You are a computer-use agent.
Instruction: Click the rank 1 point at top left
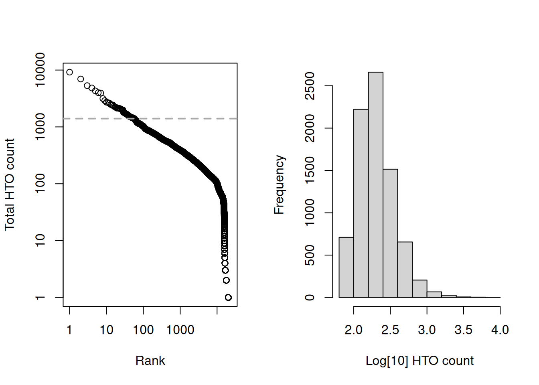[69, 72]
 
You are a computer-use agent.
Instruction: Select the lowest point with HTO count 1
[228, 297]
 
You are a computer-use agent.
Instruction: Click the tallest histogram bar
[375, 184]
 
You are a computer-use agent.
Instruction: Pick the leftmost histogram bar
[346, 267]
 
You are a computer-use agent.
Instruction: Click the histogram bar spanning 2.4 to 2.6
[390, 233]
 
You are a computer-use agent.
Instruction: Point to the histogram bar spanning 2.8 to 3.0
[419, 289]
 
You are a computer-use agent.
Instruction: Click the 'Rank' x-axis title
[150, 361]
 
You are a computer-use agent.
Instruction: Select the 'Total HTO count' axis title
[10, 184]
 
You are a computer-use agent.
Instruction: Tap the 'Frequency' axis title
[279, 184]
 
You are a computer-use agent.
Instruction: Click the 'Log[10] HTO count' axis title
[419, 361]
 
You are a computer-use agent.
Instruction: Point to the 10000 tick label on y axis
[40, 70]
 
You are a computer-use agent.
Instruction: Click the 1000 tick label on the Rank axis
[180, 330]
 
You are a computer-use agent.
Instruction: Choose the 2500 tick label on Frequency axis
[310, 86]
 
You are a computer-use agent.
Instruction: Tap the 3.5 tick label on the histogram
[463, 330]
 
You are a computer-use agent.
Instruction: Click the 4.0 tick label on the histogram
[500, 330]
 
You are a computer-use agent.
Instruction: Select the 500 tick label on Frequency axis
[310, 255]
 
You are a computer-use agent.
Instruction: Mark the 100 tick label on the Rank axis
[143, 330]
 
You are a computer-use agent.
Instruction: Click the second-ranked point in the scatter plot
[81, 79]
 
